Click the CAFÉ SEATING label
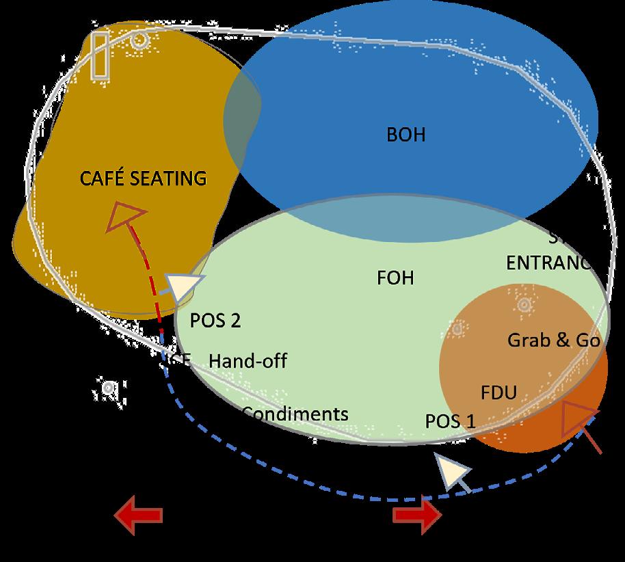pyautogui.click(x=143, y=178)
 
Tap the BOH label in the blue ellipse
pyautogui.click(x=405, y=135)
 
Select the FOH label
pyautogui.click(x=395, y=278)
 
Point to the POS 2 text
pyautogui.click(x=215, y=321)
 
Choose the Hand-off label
pyautogui.click(x=248, y=360)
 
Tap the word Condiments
pyautogui.click(x=295, y=414)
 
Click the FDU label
pyautogui.click(x=498, y=392)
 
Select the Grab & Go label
pyautogui.click(x=553, y=340)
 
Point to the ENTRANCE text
pyautogui.click(x=548, y=263)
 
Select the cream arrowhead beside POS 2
pyautogui.click(x=185, y=287)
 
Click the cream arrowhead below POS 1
pyautogui.click(x=453, y=472)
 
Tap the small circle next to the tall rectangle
pyautogui.click(x=139, y=40)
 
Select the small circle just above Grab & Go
pyautogui.click(x=524, y=305)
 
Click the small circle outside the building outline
pyautogui.click(x=108, y=388)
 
